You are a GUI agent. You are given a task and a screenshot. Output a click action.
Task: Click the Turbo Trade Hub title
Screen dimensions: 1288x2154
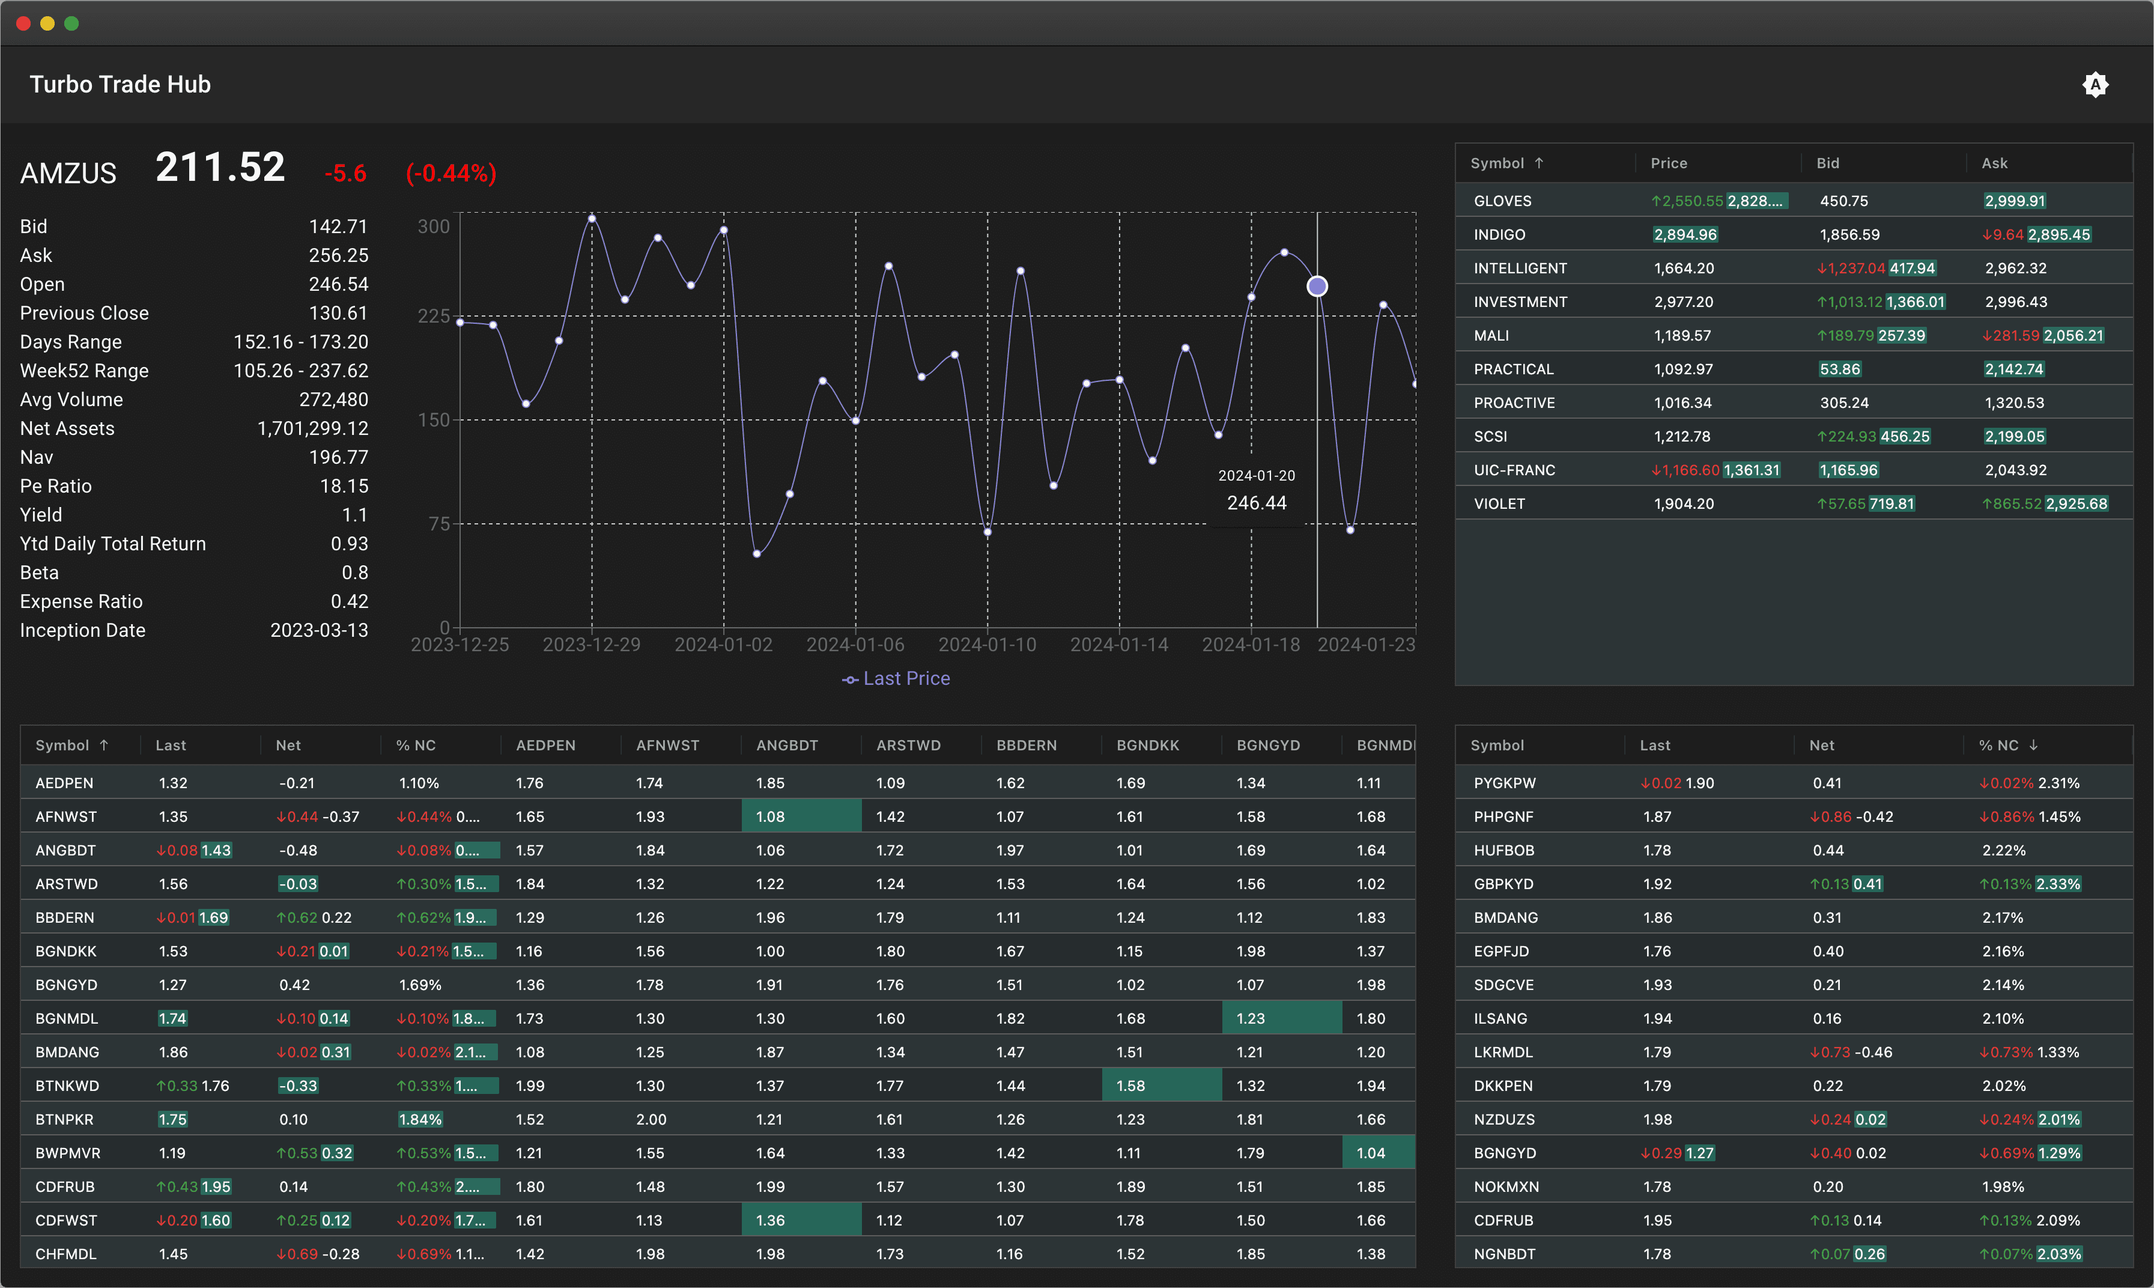pyautogui.click(x=120, y=84)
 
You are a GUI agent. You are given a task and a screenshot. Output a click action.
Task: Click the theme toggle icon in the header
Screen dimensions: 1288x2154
pyautogui.click(x=2095, y=84)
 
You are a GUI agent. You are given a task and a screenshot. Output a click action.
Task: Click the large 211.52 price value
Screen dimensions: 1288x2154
pyautogui.click(x=220, y=168)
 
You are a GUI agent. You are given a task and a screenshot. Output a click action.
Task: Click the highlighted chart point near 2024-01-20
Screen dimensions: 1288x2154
pyautogui.click(x=1317, y=287)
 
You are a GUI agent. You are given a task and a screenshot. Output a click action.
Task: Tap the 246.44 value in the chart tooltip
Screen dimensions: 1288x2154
pyautogui.click(x=1256, y=503)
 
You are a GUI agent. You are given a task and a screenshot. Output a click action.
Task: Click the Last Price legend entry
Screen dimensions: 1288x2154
pyautogui.click(x=896, y=679)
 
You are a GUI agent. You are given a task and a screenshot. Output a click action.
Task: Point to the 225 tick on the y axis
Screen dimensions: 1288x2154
pyautogui.click(x=434, y=316)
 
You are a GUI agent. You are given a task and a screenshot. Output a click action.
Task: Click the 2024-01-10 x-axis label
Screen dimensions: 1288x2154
pyautogui.click(x=987, y=645)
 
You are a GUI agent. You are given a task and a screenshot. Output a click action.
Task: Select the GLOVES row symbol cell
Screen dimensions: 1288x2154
pyautogui.click(x=1502, y=201)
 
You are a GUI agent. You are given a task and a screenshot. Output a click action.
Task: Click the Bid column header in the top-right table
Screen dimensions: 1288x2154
pyautogui.click(x=1828, y=163)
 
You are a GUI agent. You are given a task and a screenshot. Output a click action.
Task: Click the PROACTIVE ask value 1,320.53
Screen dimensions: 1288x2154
pyautogui.click(x=2013, y=402)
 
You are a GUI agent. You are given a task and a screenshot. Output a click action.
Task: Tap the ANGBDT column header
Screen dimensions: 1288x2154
pyautogui.click(x=787, y=746)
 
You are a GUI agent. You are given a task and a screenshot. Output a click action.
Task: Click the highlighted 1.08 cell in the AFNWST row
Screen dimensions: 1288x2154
pyautogui.click(x=799, y=817)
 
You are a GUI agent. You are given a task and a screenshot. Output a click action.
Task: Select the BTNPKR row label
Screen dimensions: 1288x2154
pyautogui.click(x=64, y=1120)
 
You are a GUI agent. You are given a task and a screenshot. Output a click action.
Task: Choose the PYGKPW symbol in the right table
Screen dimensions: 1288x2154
pyautogui.click(x=1504, y=783)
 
